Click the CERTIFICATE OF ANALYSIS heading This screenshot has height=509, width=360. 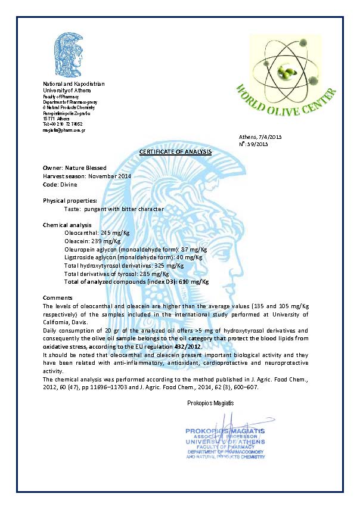(x=175, y=152)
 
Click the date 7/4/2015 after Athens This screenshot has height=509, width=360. (x=269, y=137)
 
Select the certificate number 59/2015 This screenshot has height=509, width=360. (x=260, y=144)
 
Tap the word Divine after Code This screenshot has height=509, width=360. (x=69, y=184)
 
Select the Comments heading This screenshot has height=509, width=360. (x=58, y=297)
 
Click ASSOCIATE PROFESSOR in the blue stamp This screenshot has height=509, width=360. (x=225, y=436)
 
